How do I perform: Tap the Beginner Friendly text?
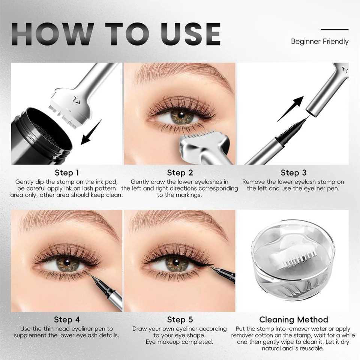coord(319,42)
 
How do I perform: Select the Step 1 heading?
coord(67,172)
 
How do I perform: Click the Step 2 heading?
coord(180,172)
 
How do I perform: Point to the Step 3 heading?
coord(293,172)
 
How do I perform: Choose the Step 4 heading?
coord(67,319)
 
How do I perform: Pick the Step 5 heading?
coord(180,319)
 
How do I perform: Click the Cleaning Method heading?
coord(293,319)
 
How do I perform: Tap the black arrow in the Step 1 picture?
coord(91,132)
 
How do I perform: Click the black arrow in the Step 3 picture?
coord(290,109)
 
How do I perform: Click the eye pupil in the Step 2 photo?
coord(181,115)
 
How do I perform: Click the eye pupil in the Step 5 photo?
coord(175,262)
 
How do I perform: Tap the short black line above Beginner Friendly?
coord(335,30)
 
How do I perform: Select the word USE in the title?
coord(190,34)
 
